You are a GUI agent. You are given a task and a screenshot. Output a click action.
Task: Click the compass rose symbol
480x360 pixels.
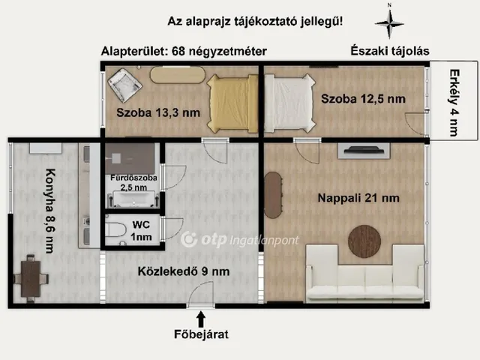pyautogui.click(x=388, y=23)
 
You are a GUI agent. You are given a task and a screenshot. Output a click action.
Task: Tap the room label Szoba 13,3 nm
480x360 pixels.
pyautogui.click(x=157, y=113)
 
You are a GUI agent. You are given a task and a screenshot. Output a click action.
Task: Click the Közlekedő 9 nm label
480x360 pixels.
pyautogui.click(x=184, y=271)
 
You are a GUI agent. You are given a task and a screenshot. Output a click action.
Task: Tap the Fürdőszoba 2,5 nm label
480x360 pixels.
pyautogui.click(x=133, y=182)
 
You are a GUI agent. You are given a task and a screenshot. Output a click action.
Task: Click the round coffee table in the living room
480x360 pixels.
pyautogui.click(x=367, y=240)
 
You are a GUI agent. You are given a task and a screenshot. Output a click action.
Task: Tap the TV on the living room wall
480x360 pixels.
pyautogui.click(x=365, y=151)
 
